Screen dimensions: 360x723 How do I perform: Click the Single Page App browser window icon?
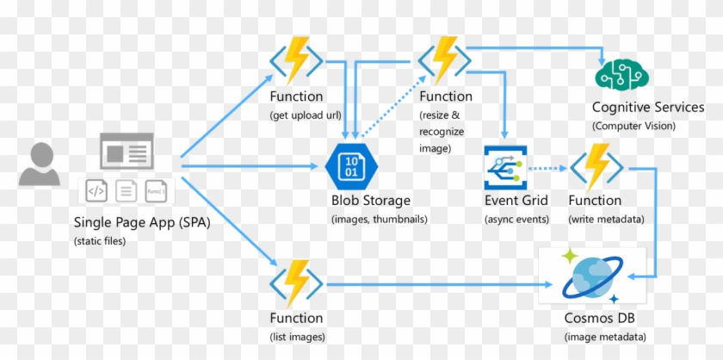127,152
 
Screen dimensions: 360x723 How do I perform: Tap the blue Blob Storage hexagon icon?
350,166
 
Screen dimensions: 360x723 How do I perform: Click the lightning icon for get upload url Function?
296,59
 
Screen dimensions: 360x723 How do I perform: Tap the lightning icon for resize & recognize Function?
445,59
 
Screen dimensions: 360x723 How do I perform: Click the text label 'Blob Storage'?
371,201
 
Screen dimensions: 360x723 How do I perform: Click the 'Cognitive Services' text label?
647,108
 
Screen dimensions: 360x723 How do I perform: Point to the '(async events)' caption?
516,219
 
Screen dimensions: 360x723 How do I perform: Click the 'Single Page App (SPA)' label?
141,222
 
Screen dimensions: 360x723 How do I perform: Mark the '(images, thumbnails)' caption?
379,219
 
